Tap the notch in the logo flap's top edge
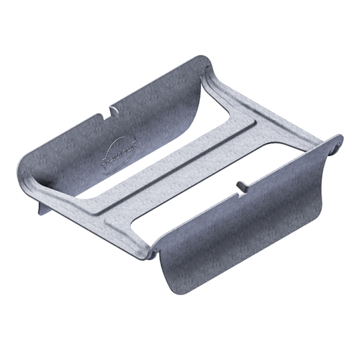click(111, 110)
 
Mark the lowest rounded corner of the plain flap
click(180, 294)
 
